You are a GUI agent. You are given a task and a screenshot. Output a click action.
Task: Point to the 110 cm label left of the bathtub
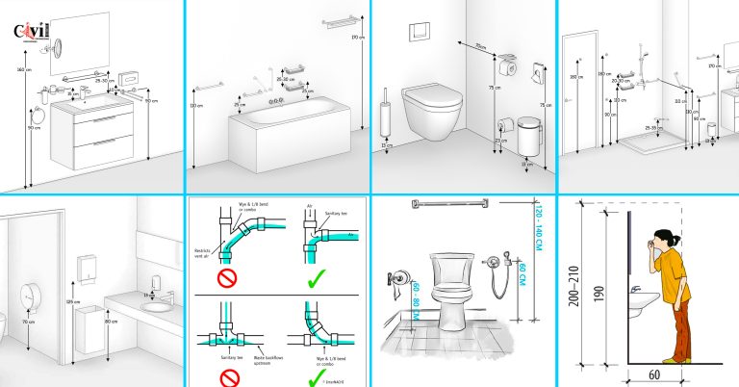(x=197, y=106)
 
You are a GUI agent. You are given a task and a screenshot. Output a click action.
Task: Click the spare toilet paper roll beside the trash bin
(x=502, y=124)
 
